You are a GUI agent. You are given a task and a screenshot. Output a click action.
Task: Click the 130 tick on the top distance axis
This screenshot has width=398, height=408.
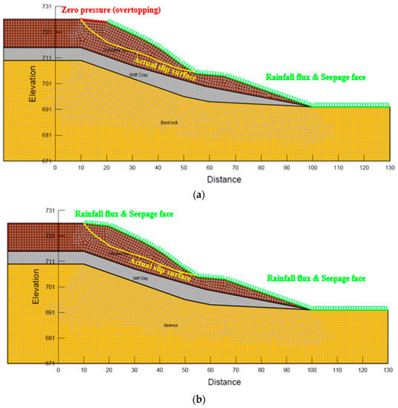coord(389,168)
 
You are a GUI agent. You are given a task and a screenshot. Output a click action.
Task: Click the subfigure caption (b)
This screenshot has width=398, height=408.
coord(199,398)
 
